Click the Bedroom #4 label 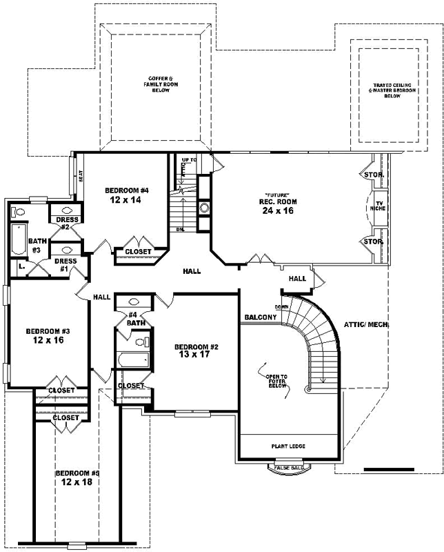point(127,190)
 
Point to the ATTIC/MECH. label point(365,324)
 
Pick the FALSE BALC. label point(289,468)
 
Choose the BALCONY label point(260,317)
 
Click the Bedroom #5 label point(77,473)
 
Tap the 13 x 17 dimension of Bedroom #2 point(196,357)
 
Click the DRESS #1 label point(65,265)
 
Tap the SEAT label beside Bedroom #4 point(81,176)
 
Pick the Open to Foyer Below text point(276,382)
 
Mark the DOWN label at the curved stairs point(281,306)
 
